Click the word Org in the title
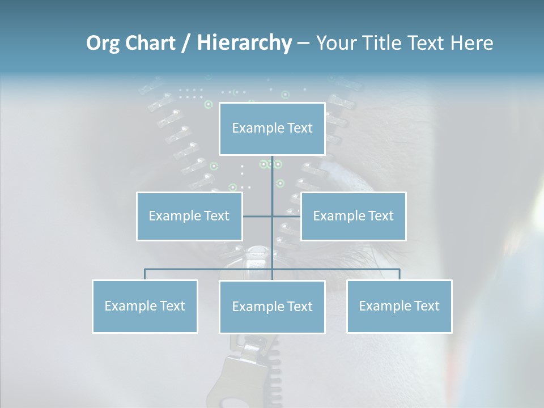click(x=103, y=44)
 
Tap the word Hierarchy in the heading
click(x=244, y=44)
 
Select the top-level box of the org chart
click(x=272, y=129)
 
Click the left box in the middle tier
click(x=189, y=216)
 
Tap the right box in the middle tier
click(x=353, y=216)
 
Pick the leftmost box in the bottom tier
click(x=145, y=306)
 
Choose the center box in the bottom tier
click(x=272, y=307)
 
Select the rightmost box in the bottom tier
click(x=399, y=306)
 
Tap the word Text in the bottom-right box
click(x=426, y=306)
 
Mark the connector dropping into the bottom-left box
click(x=145, y=274)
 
